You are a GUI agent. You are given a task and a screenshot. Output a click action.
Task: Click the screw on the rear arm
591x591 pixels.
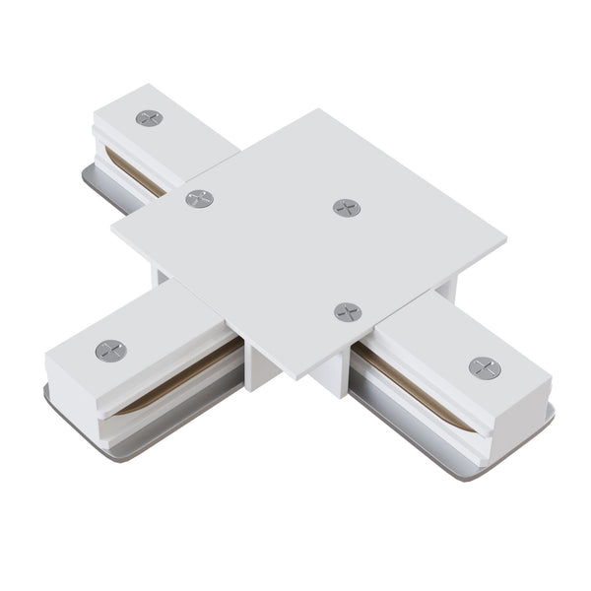(x=149, y=117)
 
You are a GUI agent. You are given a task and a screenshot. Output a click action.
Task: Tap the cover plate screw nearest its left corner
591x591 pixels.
(x=200, y=198)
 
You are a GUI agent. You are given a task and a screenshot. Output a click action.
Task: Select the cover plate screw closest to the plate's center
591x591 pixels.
(x=346, y=207)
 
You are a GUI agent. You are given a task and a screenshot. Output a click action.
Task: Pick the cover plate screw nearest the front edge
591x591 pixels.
(x=347, y=311)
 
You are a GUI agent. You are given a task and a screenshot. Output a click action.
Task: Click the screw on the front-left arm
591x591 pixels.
(x=110, y=350)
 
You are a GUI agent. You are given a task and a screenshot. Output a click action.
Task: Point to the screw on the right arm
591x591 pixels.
(x=484, y=367)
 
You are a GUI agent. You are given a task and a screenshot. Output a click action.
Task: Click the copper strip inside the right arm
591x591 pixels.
(x=414, y=379)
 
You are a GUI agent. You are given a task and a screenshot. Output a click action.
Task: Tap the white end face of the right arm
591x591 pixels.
(x=512, y=414)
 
